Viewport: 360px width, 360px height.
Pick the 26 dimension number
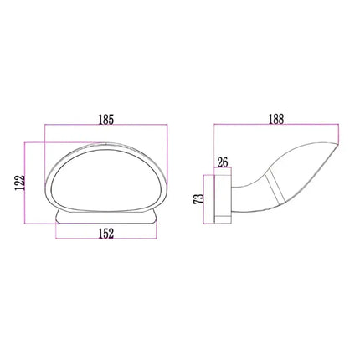pyautogui.click(x=223, y=162)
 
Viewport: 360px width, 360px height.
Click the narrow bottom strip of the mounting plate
pyautogui.click(x=222, y=223)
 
